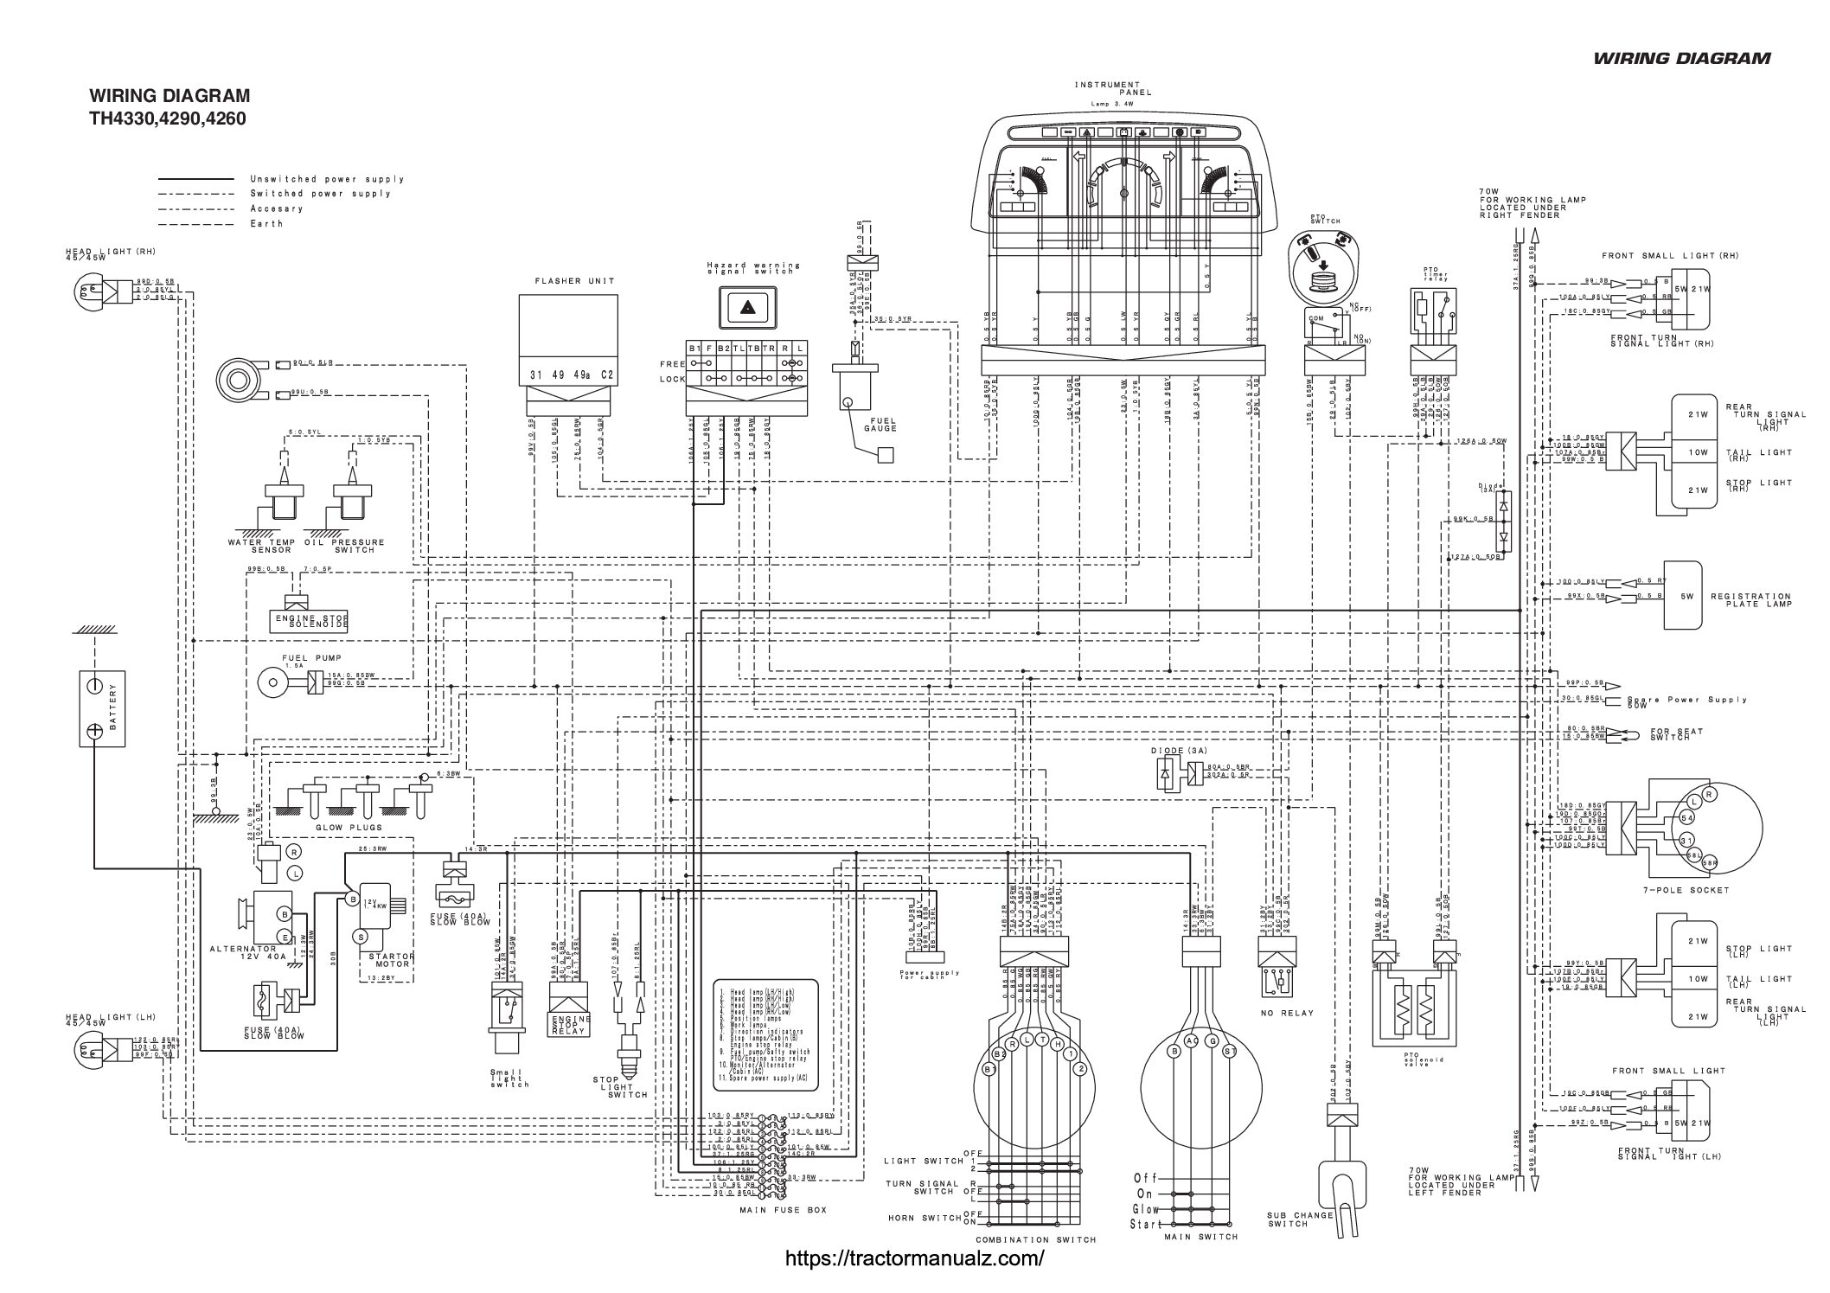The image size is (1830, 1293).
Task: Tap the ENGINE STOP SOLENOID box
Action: click(310, 619)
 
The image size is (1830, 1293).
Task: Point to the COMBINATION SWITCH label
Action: click(1035, 1239)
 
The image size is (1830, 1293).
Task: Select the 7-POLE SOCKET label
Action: click(1673, 889)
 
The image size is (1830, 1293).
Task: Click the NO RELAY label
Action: click(1288, 1013)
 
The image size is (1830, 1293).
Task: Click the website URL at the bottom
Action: click(914, 1258)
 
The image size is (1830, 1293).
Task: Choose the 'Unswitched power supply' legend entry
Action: click(327, 179)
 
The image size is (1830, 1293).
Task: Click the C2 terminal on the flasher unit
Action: click(606, 374)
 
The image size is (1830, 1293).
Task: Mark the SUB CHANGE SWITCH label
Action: click(1300, 1219)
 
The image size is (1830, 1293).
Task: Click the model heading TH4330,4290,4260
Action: click(168, 118)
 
